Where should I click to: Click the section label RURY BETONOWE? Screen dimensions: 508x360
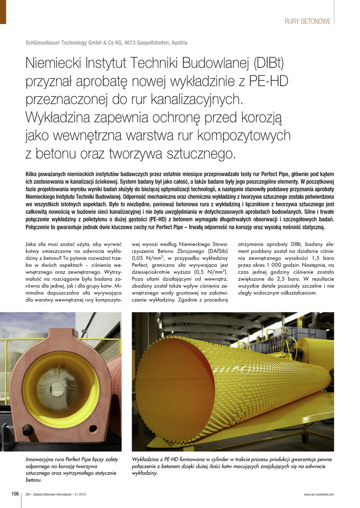tap(307, 21)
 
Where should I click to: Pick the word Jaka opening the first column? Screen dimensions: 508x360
tap(32, 244)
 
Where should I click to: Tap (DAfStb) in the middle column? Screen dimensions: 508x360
tap(213, 251)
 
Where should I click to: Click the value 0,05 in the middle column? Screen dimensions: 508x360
tap(141, 258)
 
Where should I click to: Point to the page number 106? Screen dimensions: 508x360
tap(15, 494)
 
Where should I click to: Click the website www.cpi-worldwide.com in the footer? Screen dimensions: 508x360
tap(319, 494)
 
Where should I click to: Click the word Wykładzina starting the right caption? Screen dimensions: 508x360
tap(147, 459)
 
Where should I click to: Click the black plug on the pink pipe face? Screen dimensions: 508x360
tap(28, 430)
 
